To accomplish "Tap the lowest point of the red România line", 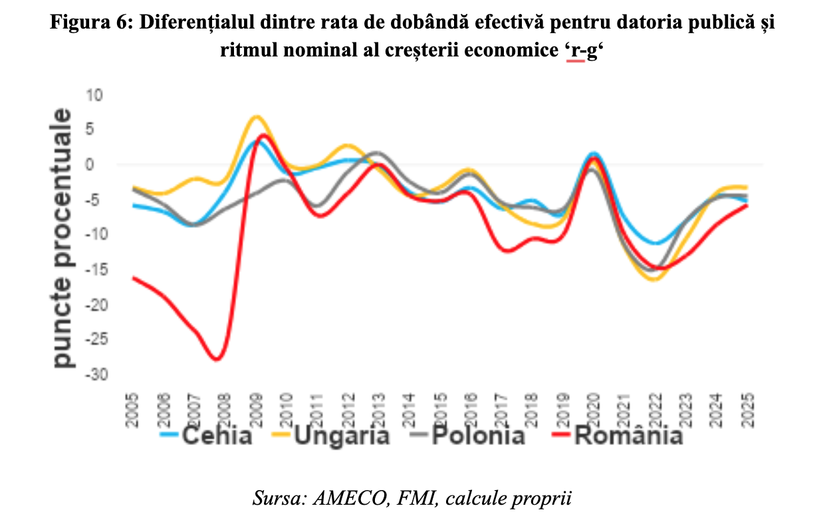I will (x=217, y=359).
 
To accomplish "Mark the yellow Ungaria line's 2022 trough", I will (x=654, y=280).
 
